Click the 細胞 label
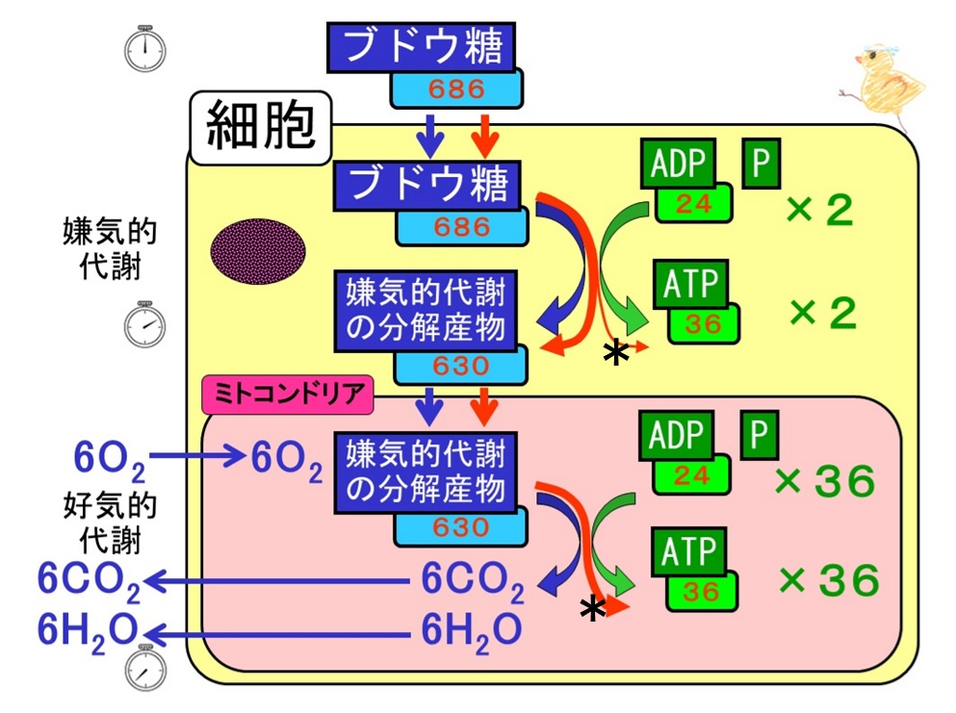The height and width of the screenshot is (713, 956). click(x=261, y=127)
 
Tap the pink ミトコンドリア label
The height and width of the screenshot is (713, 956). click(x=288, y=395)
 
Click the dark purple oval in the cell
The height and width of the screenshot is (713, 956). click(x=258, y=251)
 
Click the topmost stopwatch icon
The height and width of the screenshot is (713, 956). click(x=145, y=48)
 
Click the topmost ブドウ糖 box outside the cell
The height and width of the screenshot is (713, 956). click(x=422, y=47)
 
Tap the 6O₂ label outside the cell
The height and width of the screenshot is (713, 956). click(x=110, y=460)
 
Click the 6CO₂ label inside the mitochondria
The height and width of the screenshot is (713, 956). click(x=473, y=581)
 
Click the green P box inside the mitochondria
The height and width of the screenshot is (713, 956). click(x=759, y=435)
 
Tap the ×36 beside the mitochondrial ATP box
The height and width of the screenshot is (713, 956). click(x=829, y=580)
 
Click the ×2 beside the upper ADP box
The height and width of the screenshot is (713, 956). click(x=819, y=210)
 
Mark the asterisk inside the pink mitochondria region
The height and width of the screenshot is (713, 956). click(x=593, y=609)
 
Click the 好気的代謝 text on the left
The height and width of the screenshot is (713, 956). click(x=110, y=523)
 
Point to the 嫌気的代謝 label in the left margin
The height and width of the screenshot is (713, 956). click(x=110, y=248)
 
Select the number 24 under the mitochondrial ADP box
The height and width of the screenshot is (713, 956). click(x=692, y=476)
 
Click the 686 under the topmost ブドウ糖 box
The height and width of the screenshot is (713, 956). click(x=456, y=89)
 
